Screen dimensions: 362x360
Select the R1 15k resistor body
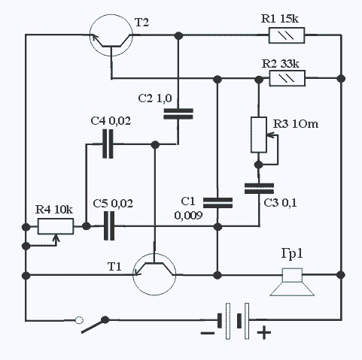click(x=287, y=35)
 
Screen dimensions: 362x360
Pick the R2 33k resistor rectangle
click(x=287, y=78)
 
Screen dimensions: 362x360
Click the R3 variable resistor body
click(x=259, y=135)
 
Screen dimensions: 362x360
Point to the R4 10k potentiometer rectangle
click(x=56, y=226)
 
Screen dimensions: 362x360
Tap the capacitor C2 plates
click(x=178, y=113)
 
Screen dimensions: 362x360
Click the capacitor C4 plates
click(x=108, y=144)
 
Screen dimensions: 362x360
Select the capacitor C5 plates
click(x=109, y=226)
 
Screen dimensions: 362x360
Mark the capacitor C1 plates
click(x=218, y=203)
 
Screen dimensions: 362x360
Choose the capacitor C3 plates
click(x=259, y=189)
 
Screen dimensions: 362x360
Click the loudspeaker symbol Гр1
click(x=292, y=282)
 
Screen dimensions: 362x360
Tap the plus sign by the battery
click(x=264, y=333)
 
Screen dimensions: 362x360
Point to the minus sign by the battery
click(x=208, y=333)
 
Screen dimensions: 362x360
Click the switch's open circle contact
click(x=79, y=320)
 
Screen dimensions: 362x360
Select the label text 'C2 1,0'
click(x=155, y=98)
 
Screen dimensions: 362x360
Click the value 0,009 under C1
click(x=188, y=216)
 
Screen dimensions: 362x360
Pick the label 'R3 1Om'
click(x=296, y=124)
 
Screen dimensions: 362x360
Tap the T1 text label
click(x=114, y=267)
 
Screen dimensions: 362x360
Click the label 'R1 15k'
click(x=280, y=19)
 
